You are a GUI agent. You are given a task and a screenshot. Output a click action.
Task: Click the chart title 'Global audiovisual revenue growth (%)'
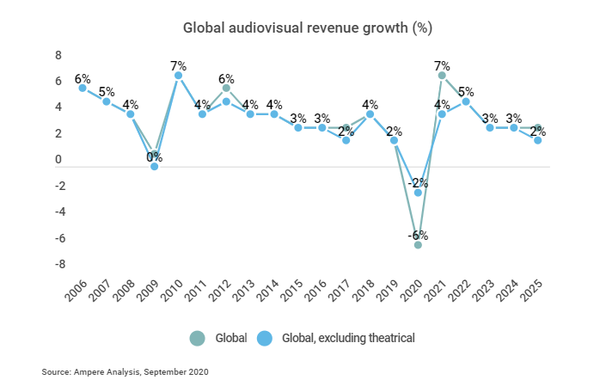307,28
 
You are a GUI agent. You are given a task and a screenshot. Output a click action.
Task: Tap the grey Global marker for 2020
418,245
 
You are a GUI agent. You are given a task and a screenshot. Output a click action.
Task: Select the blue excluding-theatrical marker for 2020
418,193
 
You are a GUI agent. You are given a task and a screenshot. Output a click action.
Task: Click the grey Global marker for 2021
442,76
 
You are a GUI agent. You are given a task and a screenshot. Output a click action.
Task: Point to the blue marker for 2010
178,76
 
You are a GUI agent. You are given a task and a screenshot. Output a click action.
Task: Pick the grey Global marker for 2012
226,88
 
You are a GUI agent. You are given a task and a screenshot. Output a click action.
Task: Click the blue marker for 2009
155,166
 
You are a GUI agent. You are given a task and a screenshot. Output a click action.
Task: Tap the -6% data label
418,235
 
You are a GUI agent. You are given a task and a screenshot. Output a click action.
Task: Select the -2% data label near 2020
418,182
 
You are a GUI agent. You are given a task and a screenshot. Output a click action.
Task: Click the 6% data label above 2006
83,78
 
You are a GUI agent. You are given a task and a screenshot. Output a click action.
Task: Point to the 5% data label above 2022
466,91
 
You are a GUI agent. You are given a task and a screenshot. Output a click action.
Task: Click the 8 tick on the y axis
58,55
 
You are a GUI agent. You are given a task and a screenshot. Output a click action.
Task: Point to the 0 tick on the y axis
58,160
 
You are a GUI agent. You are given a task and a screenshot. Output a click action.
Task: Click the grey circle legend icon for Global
198,338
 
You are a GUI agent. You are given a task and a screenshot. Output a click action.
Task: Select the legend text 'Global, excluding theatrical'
348,338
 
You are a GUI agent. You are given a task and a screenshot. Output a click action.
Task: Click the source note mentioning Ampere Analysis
125,372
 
